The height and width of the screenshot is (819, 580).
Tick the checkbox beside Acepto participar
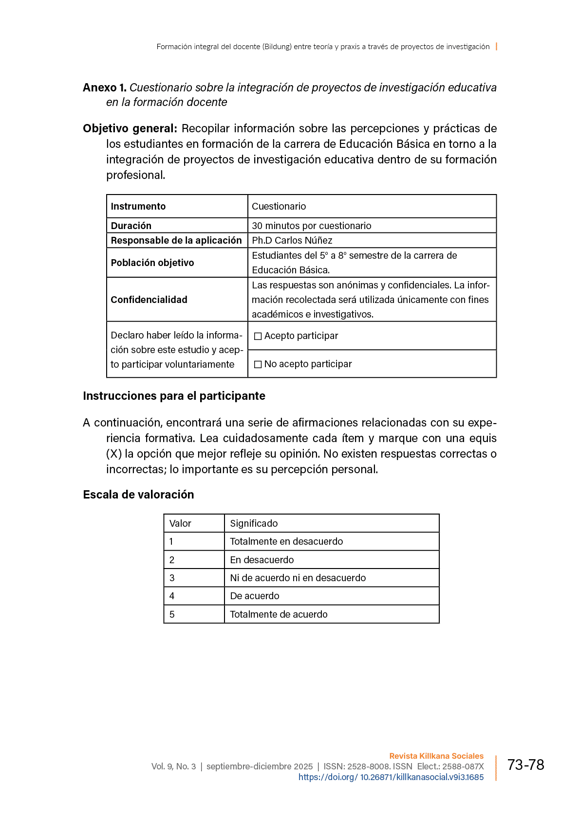click(x=258, y=336)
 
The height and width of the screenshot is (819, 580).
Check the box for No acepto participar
click(x=258, y=364)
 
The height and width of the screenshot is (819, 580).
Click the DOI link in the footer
click(x=391, y=777)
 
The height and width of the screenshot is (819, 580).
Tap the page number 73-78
click(x=525, y=765)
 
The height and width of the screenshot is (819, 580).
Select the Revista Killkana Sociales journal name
click(x=436, y=756)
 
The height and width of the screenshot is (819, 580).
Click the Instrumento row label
click(x=138, y=206)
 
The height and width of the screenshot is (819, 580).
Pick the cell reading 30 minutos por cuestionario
click(x=312, y=226)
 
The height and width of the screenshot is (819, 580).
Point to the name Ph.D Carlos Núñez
click(x=292, y=240)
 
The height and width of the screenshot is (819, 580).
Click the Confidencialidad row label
click(x=149, y=300)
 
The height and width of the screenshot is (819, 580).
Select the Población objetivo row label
click(x=152, y=263)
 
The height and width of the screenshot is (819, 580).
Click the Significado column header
click(x=254, y=523)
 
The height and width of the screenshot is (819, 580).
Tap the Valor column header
click(x=180, y=523)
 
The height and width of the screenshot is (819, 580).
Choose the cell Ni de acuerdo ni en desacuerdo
click(x=298, y=578)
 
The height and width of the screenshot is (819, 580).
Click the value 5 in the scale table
click(x=172, y=614)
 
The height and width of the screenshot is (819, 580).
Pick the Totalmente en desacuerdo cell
click(x=286, y=541)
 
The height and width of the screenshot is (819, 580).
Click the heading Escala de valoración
click(x=138, y=495)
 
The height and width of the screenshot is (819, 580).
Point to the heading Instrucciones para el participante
click(x=174, y=396)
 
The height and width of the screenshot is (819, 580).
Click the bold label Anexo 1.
click(x=105, y=88)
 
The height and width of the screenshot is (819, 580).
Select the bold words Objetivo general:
click(x=130, y=128)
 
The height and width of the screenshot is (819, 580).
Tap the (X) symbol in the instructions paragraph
click(x=114, y=454)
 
